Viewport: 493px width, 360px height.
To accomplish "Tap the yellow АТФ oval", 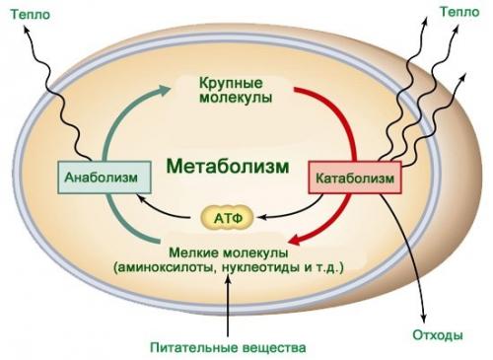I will point(227,215).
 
